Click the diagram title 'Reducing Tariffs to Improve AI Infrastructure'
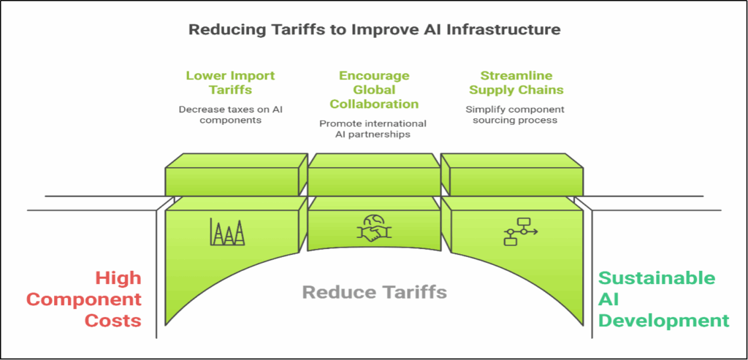click(x=374, y=30)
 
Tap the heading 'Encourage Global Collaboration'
click(x=374, y=90)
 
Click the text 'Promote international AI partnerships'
click(x=373, y=129)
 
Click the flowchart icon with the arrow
click(x=520, y=231)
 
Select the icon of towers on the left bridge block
click(x=227, y=231)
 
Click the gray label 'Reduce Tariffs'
click(x=375, y=293)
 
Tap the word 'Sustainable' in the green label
click(x=657, y=278)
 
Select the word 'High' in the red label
click(x=118, y=278)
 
